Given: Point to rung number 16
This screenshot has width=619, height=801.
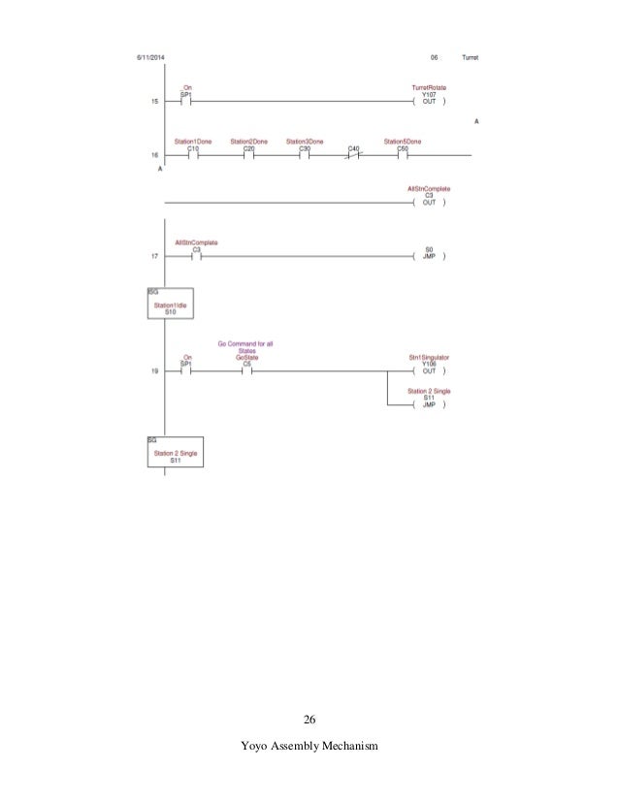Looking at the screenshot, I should coord(154,154).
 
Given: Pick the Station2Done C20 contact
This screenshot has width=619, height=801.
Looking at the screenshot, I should coord(248,154).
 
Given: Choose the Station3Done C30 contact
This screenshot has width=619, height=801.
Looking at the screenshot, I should coord(305,154).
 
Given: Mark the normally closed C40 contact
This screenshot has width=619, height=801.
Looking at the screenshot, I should coord(354,154).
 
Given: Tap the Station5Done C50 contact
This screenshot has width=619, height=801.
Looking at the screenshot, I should coord(403,154).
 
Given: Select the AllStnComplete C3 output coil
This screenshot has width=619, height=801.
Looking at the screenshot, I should coord(429,203).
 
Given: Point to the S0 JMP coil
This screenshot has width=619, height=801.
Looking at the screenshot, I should coord(430,257).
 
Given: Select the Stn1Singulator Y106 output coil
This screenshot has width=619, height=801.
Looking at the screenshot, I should coord(429,370).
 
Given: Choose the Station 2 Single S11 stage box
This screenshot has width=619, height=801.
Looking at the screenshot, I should coord(176,453).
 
